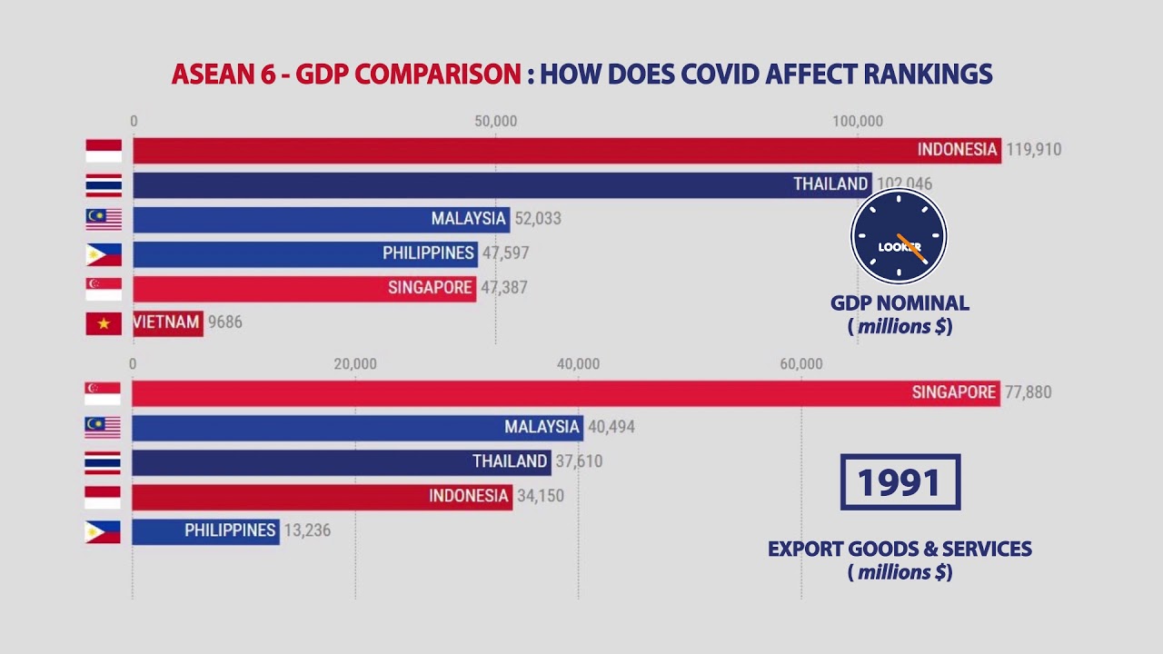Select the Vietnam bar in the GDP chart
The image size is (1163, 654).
(167, 322)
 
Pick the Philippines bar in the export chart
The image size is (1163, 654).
(205, 530)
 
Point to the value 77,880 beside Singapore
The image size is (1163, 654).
(1028, 392)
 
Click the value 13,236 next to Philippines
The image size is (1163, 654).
(307, 530)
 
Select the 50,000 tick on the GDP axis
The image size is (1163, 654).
(495, 122)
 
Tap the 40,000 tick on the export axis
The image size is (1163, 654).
(578, 364)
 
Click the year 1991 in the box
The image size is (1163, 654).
(900, 482)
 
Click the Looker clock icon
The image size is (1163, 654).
(899, 236)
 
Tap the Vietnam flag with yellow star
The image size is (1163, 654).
(104, 323)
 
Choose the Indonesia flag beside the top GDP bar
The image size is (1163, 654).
(104, 151)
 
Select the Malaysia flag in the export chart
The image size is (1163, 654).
(103, 427)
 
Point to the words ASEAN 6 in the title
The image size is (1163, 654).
(223, 74)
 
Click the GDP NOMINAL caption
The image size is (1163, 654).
(900, 303)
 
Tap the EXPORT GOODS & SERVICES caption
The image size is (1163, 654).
(900, 549)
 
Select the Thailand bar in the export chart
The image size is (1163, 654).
(341, 461)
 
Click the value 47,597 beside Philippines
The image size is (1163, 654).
(505, 253)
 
